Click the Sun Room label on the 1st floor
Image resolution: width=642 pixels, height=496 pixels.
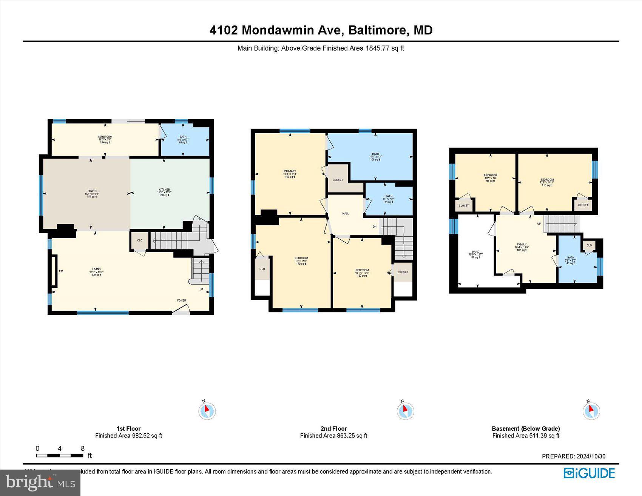click(x=105, y=137)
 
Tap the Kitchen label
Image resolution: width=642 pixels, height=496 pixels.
click(x=164, y=190)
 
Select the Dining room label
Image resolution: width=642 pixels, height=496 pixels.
click(x=92, y=191)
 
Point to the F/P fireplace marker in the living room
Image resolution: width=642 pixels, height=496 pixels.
click(x=61, y=271)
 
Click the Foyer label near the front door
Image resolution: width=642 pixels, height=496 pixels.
click(x=182, y=300)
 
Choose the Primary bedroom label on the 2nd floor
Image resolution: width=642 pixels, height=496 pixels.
click(x=290, y=171)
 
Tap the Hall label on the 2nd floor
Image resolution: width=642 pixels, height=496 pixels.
click(x=346, y=214)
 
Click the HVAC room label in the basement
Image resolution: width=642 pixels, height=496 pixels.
click(x=475, y=251)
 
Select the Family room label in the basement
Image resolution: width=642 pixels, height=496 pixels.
click(x=522, y=245)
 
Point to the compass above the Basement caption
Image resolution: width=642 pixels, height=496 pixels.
click(x=591, y=410)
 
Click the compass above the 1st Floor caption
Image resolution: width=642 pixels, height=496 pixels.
click(x=207, y=411)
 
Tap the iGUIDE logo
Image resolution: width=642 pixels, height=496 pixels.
click(x=589, y=473)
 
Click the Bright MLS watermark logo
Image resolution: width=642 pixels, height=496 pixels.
click(x=40, y=483)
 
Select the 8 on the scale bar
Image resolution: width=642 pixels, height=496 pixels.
click(x=83, y=448)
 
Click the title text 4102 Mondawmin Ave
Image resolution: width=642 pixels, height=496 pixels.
click(x=276, y=30)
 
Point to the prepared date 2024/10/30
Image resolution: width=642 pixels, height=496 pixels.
click(x=591, y=456)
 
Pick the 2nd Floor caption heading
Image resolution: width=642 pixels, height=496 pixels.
click(x=333, y=428)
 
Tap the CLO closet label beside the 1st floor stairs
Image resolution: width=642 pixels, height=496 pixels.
click(x=140, y=240)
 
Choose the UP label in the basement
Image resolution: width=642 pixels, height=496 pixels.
click(x=539, y=224)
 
